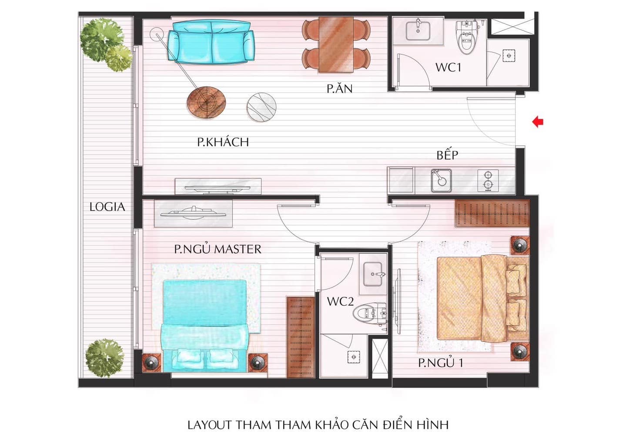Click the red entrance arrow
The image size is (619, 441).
[x=538, y=121]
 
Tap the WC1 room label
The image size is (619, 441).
[x=448, y=67]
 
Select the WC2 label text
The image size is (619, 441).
[x=340, y=301]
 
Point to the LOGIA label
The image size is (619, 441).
[x=107, y=207]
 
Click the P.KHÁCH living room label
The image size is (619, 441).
[x=223, y=142]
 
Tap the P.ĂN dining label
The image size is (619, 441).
[x=340, y=88]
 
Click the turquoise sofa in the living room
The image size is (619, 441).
[x=211, y=42]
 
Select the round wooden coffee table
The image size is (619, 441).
[x=206, y=102]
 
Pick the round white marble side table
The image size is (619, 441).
[x=261, y=107]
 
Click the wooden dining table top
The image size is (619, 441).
[x=336, y=44]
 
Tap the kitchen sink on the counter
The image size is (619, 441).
[x=442, y=181]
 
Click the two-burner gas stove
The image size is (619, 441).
[x=488, y=181]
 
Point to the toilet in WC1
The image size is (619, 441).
[x=467, y=37]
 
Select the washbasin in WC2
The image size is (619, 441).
[x=373, y=274]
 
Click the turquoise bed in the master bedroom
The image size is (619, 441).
[x=204, y=326]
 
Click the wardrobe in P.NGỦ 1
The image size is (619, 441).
[x=492, y=214]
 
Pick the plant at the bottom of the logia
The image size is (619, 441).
[x=104, y=358]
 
